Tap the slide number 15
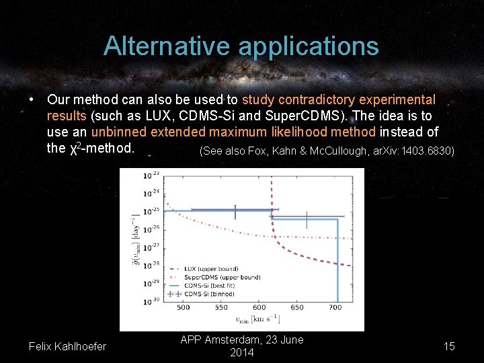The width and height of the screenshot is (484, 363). [x=449, y=346]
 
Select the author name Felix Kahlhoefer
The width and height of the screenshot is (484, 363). [x=67, y=346]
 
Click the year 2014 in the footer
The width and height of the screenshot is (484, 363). [x=242, y=353]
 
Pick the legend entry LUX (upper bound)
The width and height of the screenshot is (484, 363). [x=210, y=270]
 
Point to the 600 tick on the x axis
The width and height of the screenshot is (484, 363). [x=259, y=308]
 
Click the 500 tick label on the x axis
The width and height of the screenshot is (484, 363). [x=183, y=308]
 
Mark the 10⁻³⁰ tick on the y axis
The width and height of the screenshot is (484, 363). [x=151, y=301]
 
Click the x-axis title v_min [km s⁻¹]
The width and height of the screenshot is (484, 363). [x=253, y=319]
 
